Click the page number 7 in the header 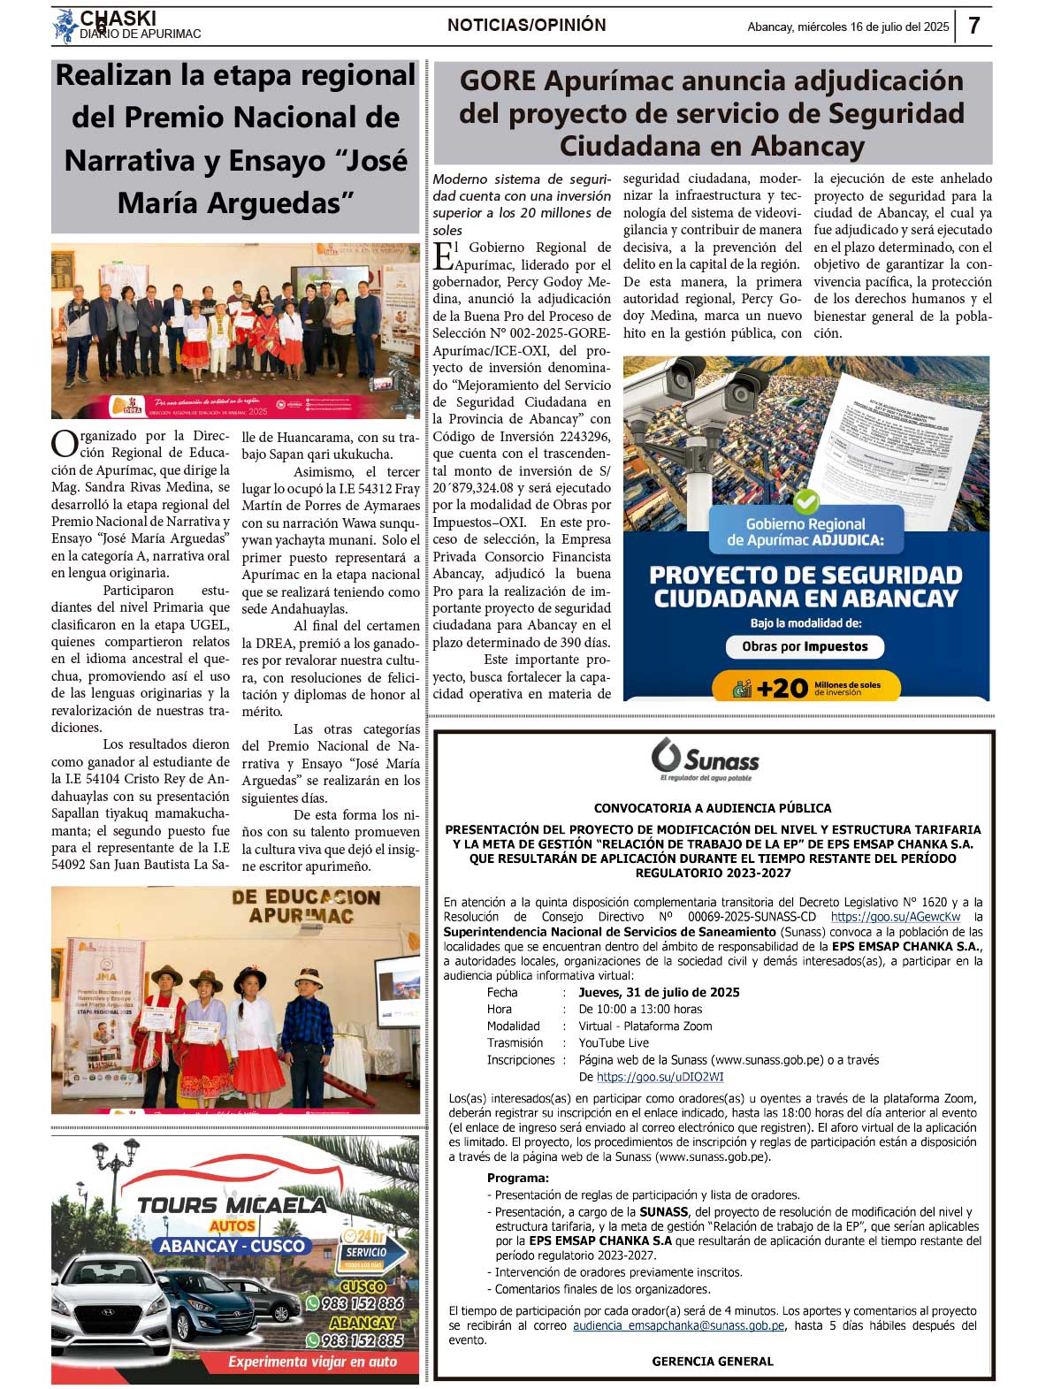[x=973, y=26]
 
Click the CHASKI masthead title [x=118, y=19]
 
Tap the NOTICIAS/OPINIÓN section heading [x=527, y=26]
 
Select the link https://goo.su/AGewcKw [x=895, y=917]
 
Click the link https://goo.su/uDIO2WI [x=660, y=1077]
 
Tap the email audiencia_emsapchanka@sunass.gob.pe [x=678, y=1325]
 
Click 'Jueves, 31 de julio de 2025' [x=659, y=992]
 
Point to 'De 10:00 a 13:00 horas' [x=640, y=1009]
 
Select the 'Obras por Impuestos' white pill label [x=805, y=646]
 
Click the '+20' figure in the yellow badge [x=782, y=688]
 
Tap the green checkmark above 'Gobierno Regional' [x=805, y=501]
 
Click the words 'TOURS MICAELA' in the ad [x=232, y=1205]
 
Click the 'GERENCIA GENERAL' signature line [x=713, y=1362]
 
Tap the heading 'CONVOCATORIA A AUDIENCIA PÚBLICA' [x=713, y=808]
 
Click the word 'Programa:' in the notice [x=517, y=1178]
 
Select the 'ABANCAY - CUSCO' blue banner [x=233, y=1246]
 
